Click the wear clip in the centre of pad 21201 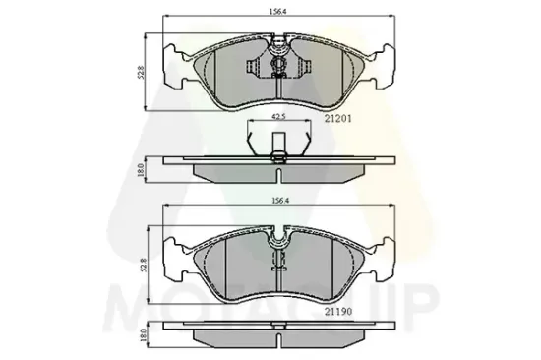(x=279, y=67)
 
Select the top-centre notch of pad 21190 (x=279, y=237)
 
